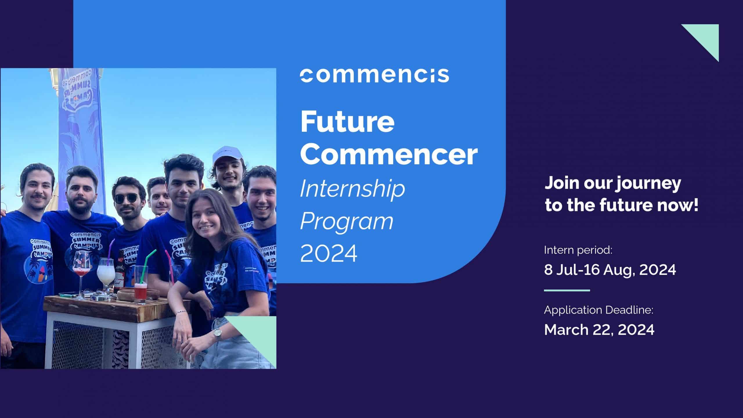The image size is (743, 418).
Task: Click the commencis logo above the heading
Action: (x=374, y=75)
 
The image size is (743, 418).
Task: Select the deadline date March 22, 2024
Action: (x=599, y=329)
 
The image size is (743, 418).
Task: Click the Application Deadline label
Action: (x=599, y=310)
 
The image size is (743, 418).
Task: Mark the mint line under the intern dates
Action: (x=567, y=290)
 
